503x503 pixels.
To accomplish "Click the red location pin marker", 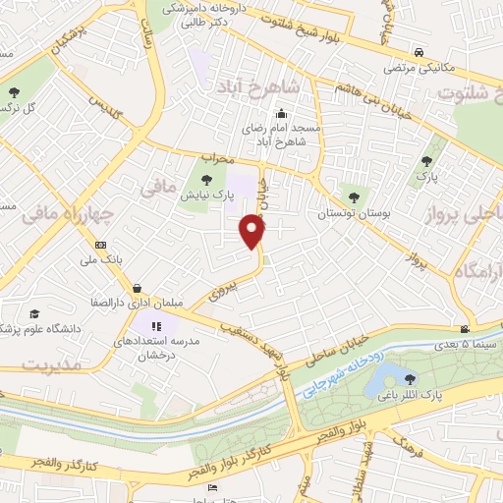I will tap(253, 231).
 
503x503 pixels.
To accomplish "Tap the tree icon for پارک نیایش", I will tap(205, 179).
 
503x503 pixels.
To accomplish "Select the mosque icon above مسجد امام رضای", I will tap(253, 126).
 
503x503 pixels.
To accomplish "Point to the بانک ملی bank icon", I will tap(100, 245).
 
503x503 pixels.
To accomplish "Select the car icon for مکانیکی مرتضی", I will tap(419, 51).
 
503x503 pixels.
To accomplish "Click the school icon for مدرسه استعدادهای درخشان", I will tap(155, 325).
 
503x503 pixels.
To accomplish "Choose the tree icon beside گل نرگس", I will tap(15, 93).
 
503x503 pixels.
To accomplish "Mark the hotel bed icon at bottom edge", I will tap(212, 489).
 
